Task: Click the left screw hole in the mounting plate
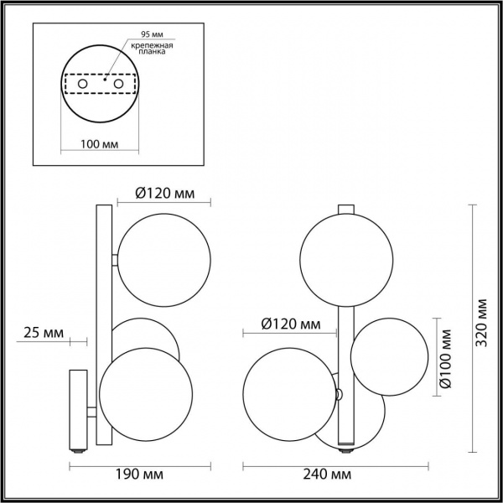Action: click(82, 86)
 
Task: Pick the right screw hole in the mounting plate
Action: click(118, 86)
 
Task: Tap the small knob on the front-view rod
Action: click(339, 394)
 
